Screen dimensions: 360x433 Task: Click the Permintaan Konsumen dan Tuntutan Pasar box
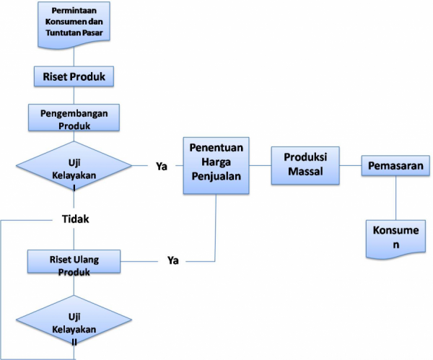point(74,23)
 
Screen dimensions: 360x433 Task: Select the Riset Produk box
point(74,75)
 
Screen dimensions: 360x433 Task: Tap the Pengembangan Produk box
point(74,118)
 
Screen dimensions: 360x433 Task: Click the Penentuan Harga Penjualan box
point(216,165)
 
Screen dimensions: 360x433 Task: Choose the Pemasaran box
point(397,166)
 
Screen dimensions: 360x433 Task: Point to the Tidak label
point(74,219)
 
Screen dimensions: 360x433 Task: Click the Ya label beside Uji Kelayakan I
point(162,166)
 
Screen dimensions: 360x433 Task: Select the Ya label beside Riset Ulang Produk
point(173,259)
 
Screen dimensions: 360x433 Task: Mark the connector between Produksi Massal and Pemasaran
point(351,166)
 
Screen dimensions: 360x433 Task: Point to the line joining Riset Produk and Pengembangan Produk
point(74,94)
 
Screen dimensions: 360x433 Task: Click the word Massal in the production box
point(305,172)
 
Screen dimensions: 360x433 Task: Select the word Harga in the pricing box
point(216,165)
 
